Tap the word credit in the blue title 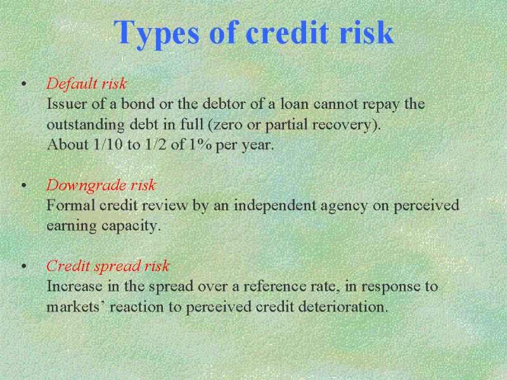point(288,32)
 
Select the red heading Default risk point(87,84)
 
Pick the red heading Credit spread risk point(108,267)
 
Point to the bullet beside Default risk point(23,84)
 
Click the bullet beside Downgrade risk point(23,186)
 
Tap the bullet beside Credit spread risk point(23,266)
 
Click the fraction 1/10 point(108,144)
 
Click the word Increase point(74,286)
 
